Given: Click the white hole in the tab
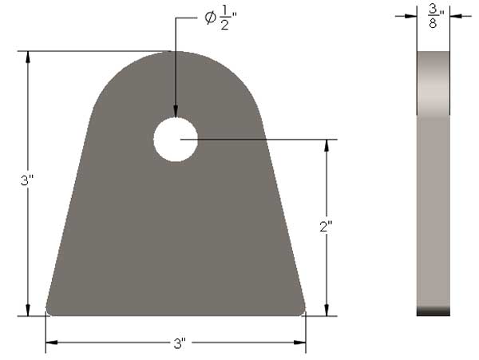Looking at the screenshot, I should tap(176, 139).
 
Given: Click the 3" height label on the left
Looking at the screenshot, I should tap(26, 181).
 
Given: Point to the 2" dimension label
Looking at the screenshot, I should tap(325, 227).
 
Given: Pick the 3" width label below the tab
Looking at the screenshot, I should tap(179, 345).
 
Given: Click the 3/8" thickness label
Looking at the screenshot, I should tap(434, 14).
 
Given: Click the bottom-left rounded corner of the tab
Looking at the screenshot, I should tap(49, 311).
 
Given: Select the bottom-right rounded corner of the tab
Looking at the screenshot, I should tap(302, 311).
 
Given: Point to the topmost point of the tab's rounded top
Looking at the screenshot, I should tap(176, 52).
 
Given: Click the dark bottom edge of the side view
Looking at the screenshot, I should tap(433, 312).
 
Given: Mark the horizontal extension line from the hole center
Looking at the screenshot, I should tap(263, 140).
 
